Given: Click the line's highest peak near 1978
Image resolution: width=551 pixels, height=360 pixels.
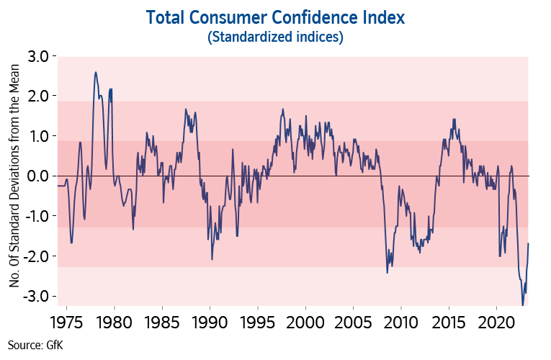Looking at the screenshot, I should (x=96, y=72).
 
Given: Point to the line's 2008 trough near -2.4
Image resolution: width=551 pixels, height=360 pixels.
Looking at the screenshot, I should (x=388, y=272).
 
